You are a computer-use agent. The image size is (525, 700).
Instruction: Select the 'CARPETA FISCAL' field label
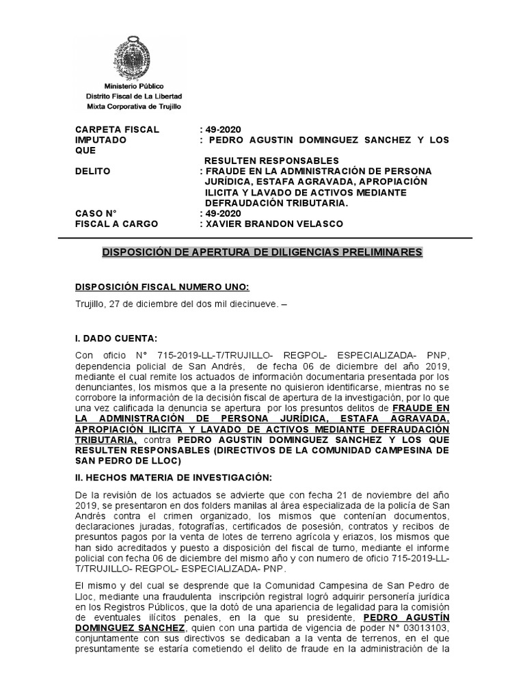(x=117, y=129)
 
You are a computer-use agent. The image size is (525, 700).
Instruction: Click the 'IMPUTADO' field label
(x=101, y=139)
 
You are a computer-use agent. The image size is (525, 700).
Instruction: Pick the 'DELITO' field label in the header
(x=93, y=171)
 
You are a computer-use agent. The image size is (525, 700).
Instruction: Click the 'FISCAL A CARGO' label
(x=117, y=224)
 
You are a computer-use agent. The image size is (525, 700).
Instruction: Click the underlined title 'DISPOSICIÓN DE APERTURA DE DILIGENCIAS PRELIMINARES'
(x=262, y=252)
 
